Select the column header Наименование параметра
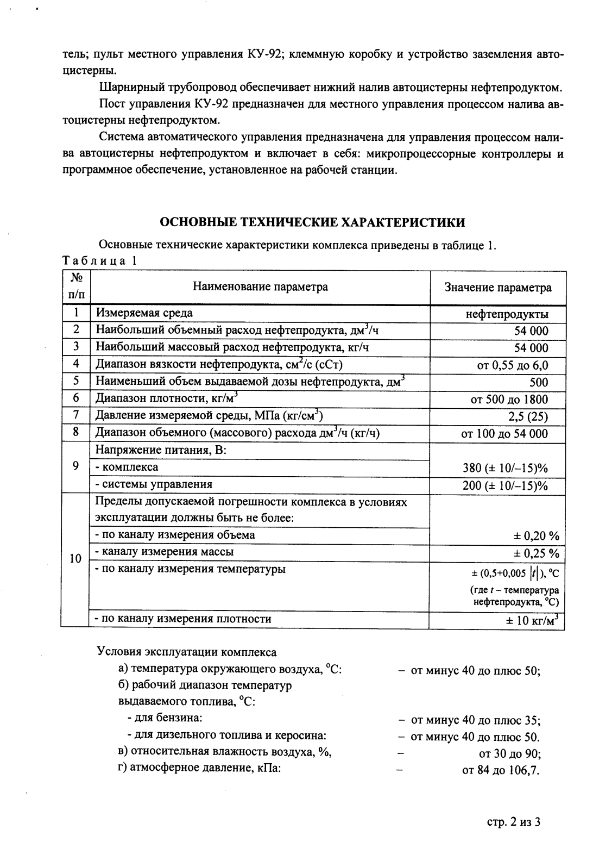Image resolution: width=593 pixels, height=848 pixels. (260, 287)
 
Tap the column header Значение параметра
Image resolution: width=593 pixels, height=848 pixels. (497, 288)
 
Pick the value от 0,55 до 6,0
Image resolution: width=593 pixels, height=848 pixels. (513, 365)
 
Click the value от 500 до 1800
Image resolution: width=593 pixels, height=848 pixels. (509, 400)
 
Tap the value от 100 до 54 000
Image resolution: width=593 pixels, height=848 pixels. (504, 434)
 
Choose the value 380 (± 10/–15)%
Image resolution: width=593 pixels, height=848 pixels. (505, 468)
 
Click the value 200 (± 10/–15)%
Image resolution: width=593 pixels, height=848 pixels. (505, 485)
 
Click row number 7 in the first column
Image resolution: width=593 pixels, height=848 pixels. (76, 416)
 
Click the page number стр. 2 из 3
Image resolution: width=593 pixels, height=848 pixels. (514, 821)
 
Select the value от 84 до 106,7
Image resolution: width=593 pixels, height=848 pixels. (501, 770)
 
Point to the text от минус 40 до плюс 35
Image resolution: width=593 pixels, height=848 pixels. (475, 721)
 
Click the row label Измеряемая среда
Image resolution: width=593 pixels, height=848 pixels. (144, 313)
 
